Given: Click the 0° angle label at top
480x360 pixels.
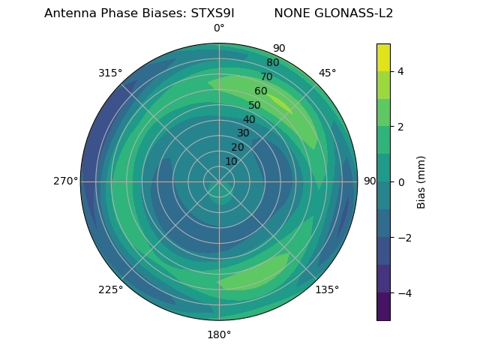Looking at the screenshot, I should coord(219,28).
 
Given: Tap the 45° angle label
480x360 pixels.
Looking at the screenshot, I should coord(327,73).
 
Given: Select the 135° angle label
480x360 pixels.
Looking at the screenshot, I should coord(327,289).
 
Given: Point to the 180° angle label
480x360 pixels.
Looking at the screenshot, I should coord(219,334).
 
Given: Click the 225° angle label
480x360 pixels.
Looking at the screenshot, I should coord(110,289).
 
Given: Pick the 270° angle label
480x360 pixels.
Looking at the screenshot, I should coord(66,181).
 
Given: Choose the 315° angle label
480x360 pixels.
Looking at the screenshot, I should coord(110,73).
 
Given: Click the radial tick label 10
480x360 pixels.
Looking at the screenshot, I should coord(231,161).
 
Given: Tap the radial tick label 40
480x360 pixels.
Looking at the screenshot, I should coord(249,119).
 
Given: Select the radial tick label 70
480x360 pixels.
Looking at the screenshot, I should coord(266,76).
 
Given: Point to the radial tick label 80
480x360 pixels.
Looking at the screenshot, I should coord(272,62).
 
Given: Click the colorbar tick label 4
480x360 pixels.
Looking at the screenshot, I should coord(400,71).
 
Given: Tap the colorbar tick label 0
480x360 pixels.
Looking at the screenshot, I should coord(400,182).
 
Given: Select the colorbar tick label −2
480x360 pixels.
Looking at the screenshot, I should coord(403,238).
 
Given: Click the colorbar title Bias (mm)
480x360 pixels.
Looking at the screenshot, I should coord(421,182).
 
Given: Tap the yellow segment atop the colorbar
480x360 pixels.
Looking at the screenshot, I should coord(383,57).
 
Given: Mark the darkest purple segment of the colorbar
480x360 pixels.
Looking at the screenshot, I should coord(383,307).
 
